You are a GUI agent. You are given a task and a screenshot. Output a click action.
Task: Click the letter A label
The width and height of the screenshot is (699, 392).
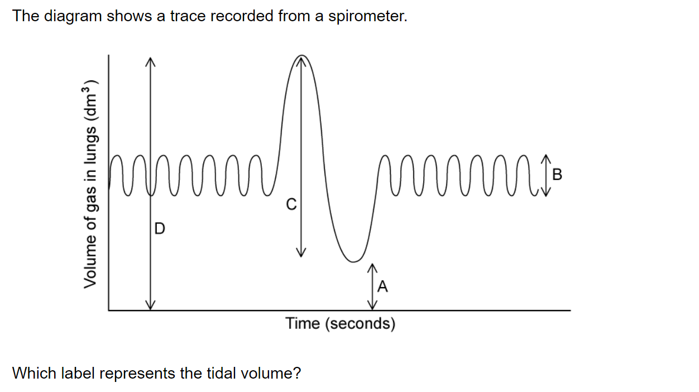click(382, 286)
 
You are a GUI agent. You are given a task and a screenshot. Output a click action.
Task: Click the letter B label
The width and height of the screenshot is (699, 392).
click(557, 174)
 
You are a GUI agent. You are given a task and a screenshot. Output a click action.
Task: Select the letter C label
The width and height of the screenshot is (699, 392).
click(291, 204)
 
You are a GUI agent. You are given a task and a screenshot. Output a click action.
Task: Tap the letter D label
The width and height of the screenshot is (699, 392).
click(160, 228)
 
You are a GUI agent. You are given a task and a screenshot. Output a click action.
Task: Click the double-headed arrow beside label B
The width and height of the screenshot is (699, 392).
click(545, 175)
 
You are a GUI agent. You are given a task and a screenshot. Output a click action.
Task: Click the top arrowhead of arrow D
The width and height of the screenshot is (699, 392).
click(150, 62)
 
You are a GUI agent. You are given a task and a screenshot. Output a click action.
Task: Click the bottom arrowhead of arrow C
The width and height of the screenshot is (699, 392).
click(301, 252)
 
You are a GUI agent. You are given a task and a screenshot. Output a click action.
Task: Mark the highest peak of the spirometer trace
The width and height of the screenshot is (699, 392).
click(301, 55)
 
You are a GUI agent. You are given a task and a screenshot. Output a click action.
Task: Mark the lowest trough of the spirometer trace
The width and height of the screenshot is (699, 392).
click(353, 261)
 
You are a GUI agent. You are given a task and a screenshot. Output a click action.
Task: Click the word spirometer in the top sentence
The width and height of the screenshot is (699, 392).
click(367, 16)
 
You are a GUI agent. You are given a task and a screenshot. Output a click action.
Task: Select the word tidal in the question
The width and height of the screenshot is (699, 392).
click(221, 373)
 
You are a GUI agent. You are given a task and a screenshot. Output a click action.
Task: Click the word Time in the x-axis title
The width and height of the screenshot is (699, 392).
click(303, 323)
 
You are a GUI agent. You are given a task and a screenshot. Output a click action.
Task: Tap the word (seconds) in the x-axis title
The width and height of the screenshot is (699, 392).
click(360, 324)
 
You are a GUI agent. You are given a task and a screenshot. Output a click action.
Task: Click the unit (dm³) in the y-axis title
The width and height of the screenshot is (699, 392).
click(90, 99)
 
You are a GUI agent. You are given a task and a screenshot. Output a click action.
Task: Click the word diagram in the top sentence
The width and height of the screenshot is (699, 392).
click(73, 16)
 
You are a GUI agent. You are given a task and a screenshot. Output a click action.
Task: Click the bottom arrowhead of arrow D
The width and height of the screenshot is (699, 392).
click(150, 305)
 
